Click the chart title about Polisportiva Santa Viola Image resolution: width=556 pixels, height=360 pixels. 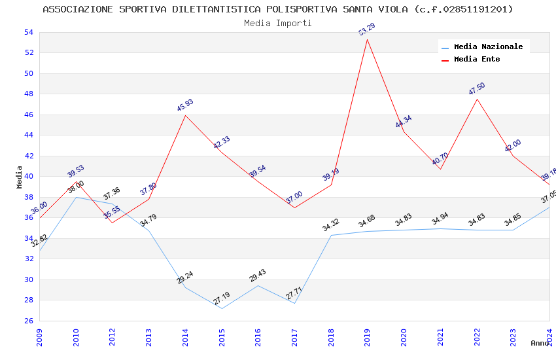[278, 9]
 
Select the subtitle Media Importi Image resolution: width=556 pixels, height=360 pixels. [278, 23]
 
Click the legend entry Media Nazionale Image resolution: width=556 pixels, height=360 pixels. [488, 46]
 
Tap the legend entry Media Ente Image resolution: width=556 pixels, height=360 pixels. [477, 59]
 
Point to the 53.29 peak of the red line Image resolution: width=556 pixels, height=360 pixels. [367, 39]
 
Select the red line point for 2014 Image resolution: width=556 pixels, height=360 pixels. [185, 115]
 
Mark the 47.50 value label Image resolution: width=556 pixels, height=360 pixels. [477, 89]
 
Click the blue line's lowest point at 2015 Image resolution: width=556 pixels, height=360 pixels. [222, 308]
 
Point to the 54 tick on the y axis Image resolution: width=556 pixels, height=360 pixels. [28, 32]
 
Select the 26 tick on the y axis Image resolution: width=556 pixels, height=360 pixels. [28, 321]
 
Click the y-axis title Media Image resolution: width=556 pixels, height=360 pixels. [20, 177]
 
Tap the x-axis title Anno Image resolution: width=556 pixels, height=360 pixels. [540, 343]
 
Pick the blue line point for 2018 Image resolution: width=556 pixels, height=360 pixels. [331, 235]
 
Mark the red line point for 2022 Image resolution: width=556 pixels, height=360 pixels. [477, 99]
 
